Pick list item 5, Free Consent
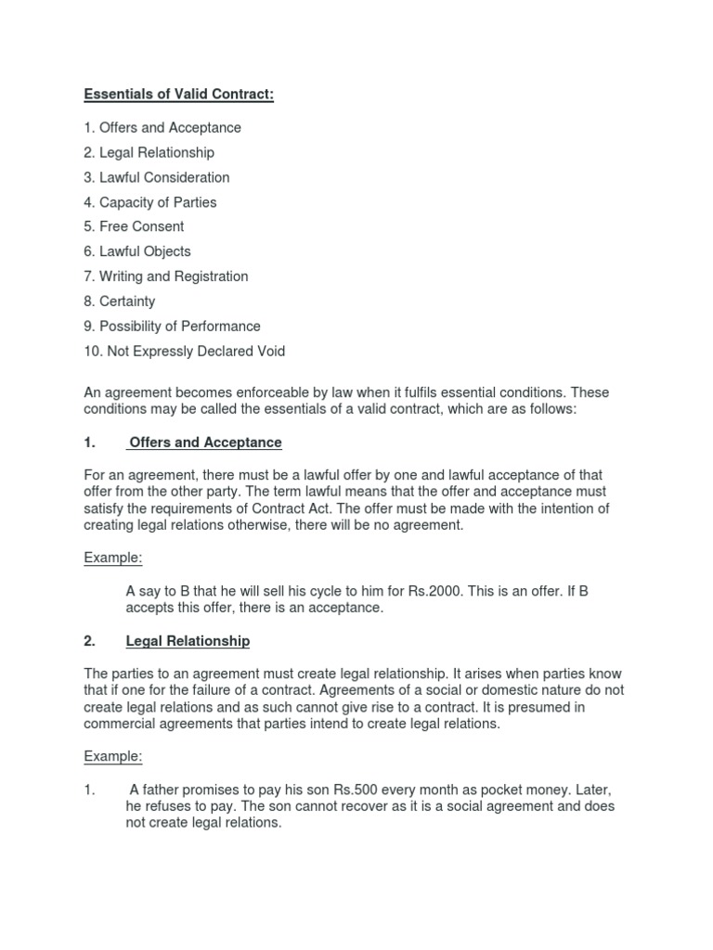pos(134,226)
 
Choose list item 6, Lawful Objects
pos(137,251)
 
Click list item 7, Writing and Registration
pos(166,276)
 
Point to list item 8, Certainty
pos(120,302)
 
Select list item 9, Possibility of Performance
pos(172,327)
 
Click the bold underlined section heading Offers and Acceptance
pos(205,443)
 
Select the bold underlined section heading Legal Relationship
pos(188,641)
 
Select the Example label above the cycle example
pos(113,558)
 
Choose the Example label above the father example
pos(113,756)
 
